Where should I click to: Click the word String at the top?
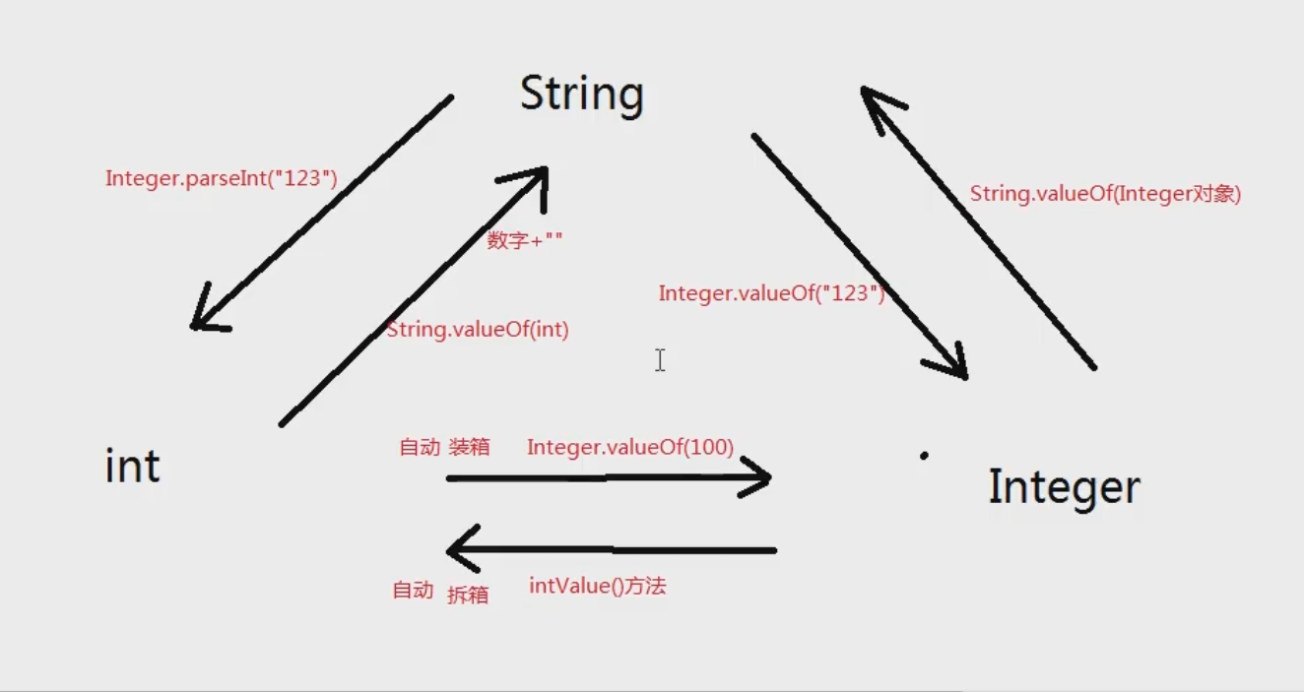(x=581, y=94)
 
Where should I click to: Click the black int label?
(x=132, y=466)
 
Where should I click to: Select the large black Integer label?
(x=1064, y=487)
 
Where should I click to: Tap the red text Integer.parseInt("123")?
(x=222, y=179)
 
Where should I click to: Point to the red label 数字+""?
(x=525, y=240)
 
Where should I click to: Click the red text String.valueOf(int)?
(x=478, y=330)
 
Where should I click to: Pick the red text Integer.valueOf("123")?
(x=771, y=293)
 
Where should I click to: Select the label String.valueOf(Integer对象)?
(x=1105, y=194)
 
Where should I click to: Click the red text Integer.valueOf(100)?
(x=630, y=447)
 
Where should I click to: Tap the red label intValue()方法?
(x=598, y=587)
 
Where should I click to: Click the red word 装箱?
(x=469, y=447)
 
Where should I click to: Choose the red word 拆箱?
(x=468, y=595)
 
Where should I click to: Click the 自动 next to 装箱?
(x=419, y=447)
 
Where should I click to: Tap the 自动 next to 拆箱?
(x=413, y=591)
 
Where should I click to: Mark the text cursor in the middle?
(x=660, y=360)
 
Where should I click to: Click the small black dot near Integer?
(x=924, y=456)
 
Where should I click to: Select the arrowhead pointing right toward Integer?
(x=760, y=478)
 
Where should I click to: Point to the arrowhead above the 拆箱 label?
(x=459, y=549)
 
